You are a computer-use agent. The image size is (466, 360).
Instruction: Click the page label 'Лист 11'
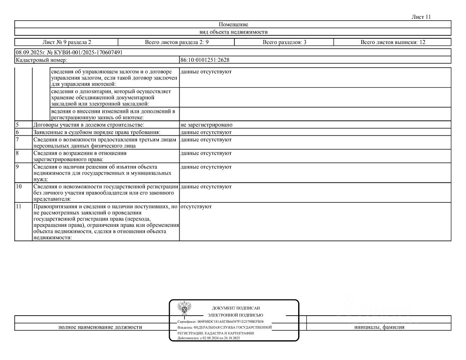point(421,17)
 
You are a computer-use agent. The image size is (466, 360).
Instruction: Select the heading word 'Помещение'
point(233,24)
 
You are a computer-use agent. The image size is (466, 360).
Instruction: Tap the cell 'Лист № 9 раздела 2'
point(67,42)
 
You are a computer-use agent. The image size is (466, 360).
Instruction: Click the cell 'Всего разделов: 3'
point(284,42)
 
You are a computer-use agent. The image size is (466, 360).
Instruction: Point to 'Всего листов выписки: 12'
point(393,42)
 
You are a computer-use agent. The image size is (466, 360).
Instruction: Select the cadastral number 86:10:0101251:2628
point(205,60)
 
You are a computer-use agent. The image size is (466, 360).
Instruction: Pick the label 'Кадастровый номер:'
point(41,60)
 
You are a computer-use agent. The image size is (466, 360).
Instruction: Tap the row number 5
point(17,125)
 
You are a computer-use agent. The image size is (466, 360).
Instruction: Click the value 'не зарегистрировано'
point(206,125)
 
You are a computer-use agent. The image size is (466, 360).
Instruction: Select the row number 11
point(19,207)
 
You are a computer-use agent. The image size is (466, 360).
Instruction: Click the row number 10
point(19,187)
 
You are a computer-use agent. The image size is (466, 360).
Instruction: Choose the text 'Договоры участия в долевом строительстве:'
point(89,125)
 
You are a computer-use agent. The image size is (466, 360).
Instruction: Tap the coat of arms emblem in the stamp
point(184,308)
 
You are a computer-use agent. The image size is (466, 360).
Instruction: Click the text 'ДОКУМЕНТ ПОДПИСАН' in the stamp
point(236,308)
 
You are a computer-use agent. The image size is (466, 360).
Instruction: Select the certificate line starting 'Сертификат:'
point(220,322)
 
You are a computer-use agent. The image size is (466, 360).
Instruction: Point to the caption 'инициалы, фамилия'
point(379,327)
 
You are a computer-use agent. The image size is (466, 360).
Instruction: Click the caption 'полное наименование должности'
point(100,327)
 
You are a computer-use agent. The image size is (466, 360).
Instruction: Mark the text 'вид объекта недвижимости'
point(233,32)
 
